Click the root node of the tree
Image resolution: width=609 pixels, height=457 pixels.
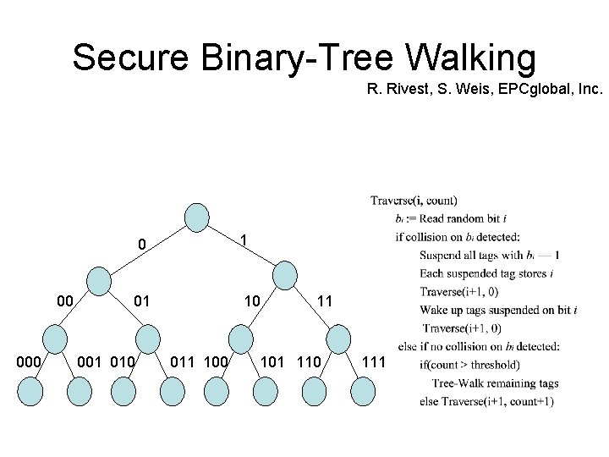(x=196, y=217)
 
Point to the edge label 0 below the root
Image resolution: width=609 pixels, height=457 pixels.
(x=143, y=245)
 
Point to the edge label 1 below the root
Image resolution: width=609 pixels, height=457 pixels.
(x=244, y=241)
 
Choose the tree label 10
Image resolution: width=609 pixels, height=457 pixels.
(x=252, y=300)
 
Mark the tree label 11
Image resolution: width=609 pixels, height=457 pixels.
(x=325, y=300)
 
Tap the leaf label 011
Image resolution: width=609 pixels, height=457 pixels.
(x=184, y=362)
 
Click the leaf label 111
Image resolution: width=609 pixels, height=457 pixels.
(x=373, y=362)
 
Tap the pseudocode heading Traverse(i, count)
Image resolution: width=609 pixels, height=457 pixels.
(x=414, y=201)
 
